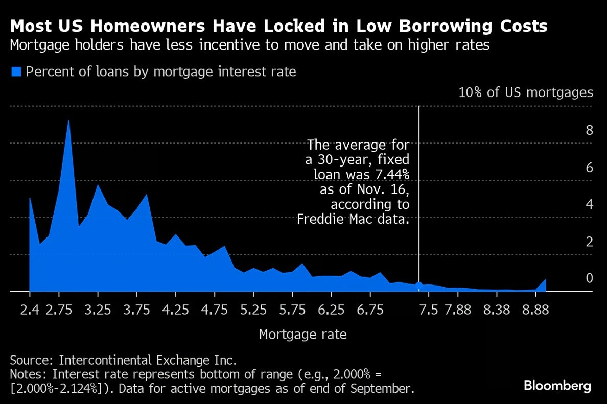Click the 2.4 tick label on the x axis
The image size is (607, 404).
(x=30, y=311)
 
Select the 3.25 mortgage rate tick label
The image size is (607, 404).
(x=98, y=311)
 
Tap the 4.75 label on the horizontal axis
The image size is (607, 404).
(x=215, y=311)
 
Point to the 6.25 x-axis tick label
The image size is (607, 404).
(x=331, y=311)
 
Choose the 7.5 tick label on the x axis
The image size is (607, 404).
(x=428, y=311)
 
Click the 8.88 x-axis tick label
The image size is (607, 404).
(x=535, y=311)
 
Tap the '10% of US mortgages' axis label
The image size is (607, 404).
(x=526, y=92)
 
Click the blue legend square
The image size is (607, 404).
(x=16, y=72)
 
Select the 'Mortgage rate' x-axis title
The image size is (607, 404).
(x=303, y=335)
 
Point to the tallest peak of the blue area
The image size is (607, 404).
(x=68, y=121)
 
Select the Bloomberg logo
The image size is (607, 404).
(x=557, y=386)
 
